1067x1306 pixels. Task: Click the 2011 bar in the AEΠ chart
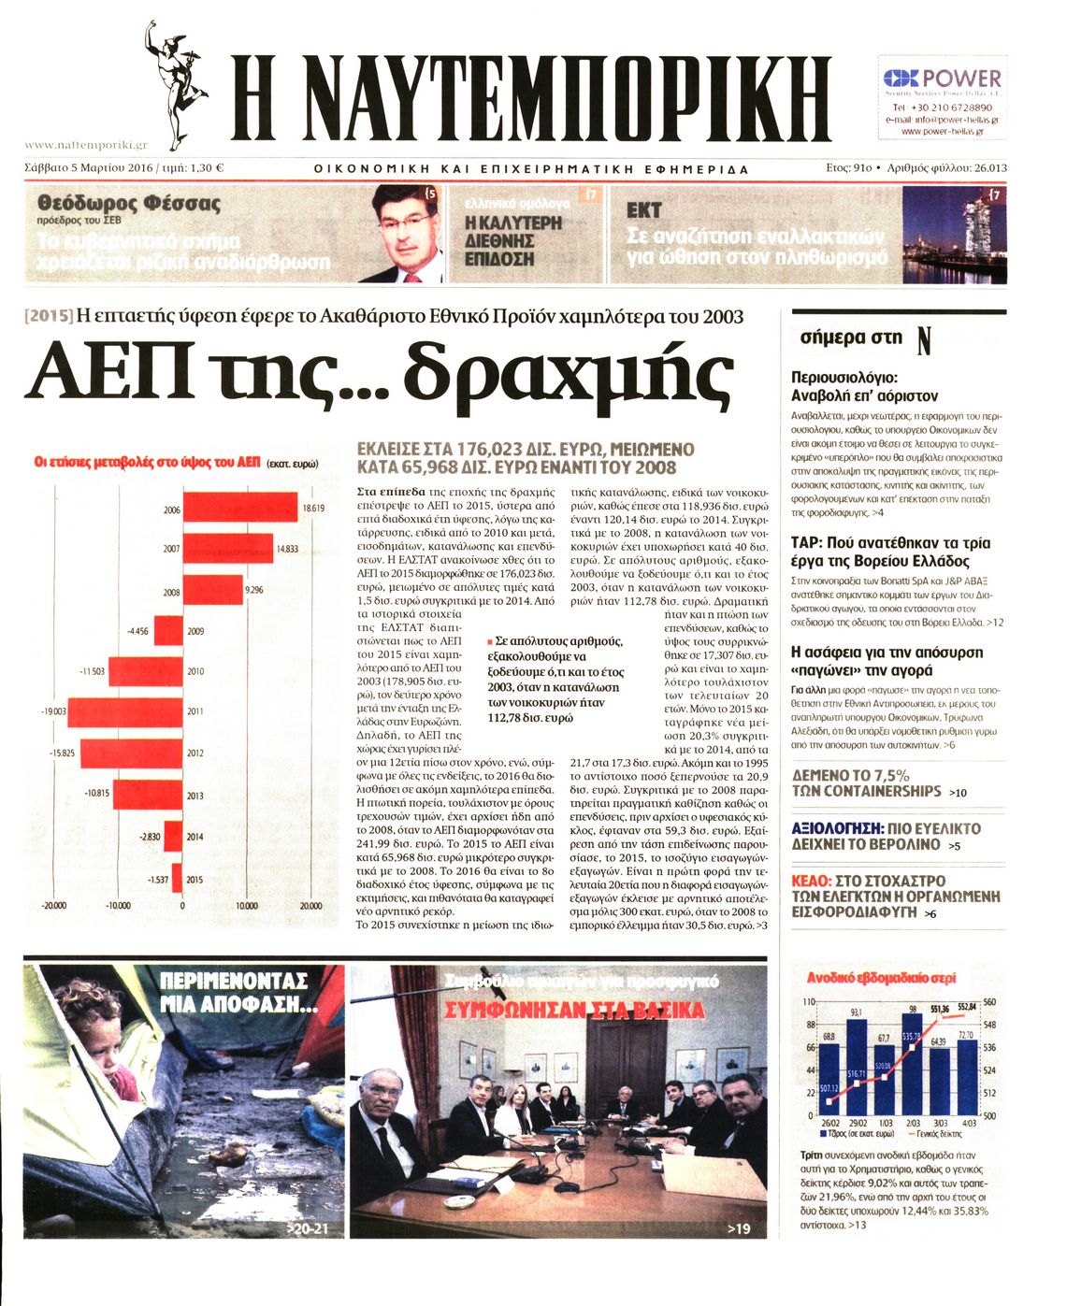tap(124, 711)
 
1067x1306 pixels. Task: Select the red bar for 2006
tap(240, 509)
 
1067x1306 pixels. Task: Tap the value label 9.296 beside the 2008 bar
tap(254, 591)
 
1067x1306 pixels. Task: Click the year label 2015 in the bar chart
tap(195, 880)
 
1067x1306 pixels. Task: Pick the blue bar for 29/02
tap(856, 1066)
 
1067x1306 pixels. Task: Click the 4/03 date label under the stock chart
tap(968, 1123)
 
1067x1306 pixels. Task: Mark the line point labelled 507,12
tap(829, 1089)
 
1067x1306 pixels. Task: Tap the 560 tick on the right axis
tap(990, 1002)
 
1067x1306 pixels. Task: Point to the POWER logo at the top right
tap(943, 79)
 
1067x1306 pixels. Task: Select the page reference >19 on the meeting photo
tap(739, 1228)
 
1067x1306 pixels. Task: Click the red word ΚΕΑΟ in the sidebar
tap(811, 881)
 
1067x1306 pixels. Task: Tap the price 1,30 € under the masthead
tap(207, 169)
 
